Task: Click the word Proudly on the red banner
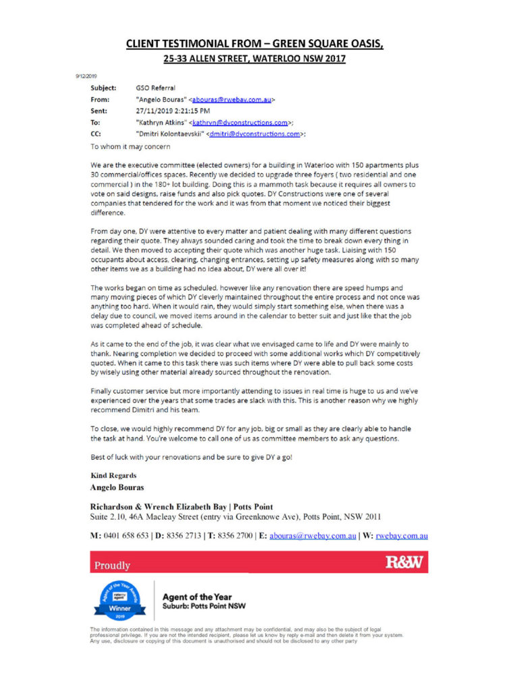point(113,565)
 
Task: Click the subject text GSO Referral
point(154,88)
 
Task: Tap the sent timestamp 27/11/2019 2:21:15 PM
point(172,111)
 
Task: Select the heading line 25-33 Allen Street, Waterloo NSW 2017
point(254,59)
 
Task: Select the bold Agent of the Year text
point(196,597)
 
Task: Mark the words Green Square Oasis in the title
point(323,44)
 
